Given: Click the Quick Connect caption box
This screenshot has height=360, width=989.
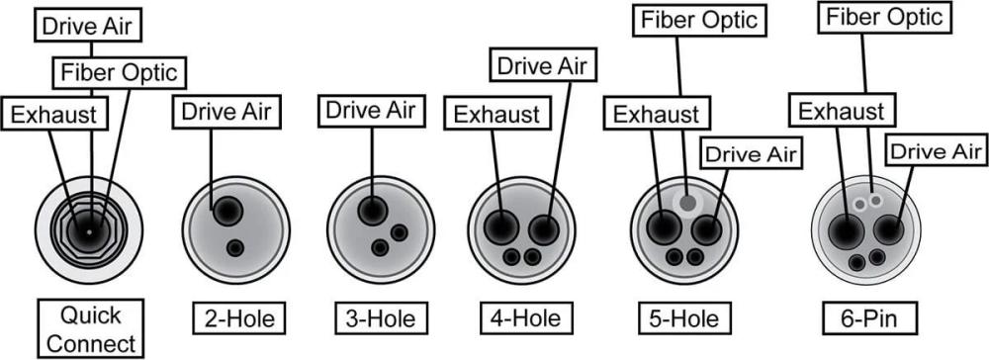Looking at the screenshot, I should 89,328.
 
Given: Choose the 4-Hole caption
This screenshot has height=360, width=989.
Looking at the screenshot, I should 524,318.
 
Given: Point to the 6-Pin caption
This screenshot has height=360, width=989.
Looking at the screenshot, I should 868,318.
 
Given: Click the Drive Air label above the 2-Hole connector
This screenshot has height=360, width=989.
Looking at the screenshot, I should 226,112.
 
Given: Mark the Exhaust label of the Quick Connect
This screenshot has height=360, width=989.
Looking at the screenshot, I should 54,115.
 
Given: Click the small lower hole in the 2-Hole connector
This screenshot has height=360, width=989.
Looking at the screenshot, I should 235,247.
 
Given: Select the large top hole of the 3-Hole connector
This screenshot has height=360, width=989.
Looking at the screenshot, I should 372,211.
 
